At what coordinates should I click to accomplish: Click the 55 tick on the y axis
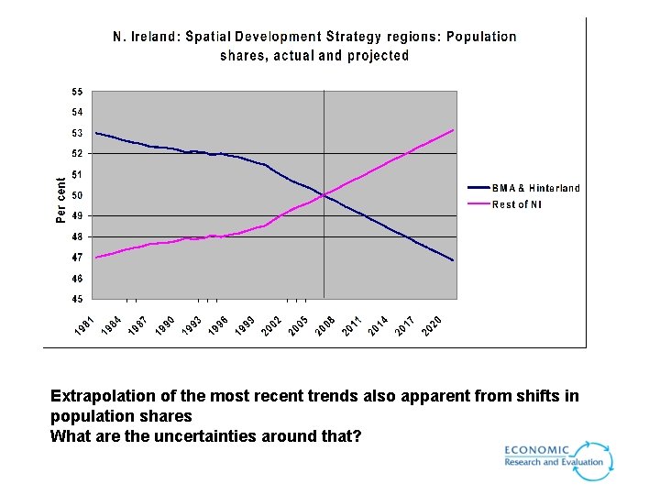coord(78,92)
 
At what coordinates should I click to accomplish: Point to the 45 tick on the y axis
coord(78,299)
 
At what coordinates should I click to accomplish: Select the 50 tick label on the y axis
coord(78,195)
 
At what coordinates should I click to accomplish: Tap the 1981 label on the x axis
coord(83,325)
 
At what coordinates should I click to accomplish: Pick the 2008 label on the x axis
coord(325,325)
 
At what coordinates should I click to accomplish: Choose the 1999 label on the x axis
coord(245,325)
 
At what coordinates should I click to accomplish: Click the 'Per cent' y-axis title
coord(61,200)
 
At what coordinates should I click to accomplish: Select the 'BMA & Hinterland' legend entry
coord(535,188)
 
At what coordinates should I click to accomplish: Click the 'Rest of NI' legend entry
coord(517,204)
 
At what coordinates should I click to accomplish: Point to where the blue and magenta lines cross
coord(324,194)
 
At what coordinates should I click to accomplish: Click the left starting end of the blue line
coord(96,133)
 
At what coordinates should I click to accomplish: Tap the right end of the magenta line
coord(453,130)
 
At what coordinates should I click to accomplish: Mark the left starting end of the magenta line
coord(96,258)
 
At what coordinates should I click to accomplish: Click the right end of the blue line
coord(453,260)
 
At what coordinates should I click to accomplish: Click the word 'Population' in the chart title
coord(482,38)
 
